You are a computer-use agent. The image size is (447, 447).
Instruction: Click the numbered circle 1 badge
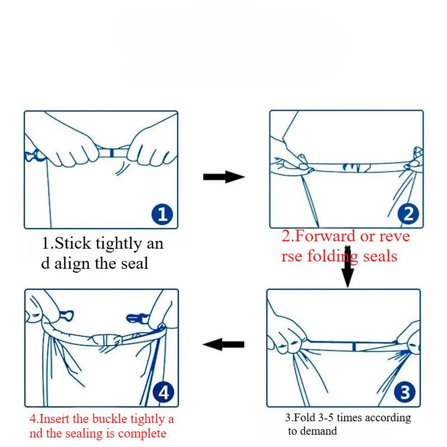click(162, 214)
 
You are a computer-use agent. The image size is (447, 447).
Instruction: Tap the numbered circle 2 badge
click(408, 214)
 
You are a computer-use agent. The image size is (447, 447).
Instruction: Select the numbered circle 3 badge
click(405, 392)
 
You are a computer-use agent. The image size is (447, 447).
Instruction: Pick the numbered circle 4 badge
click(163, 393)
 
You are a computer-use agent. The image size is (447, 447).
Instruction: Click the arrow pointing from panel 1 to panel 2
click(224, 177)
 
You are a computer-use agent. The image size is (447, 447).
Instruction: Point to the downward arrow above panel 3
click(348, 267)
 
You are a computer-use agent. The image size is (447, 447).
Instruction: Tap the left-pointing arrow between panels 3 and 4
click(223, 344)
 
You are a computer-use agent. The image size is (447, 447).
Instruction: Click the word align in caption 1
click(73, 264)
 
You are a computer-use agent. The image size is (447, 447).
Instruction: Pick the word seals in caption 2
click(380, 256)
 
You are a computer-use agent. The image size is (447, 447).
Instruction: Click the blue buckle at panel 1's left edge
click(34, 155)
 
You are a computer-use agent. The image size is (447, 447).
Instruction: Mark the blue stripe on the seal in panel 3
click(354, 346)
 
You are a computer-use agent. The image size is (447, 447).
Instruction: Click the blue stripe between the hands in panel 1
click(112, 153)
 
